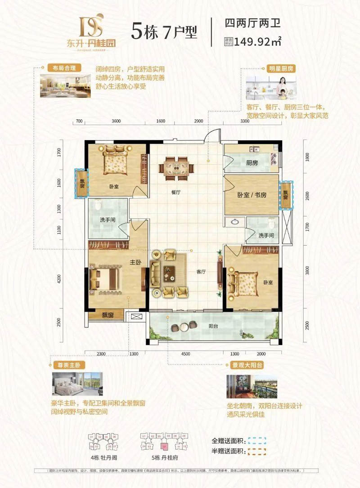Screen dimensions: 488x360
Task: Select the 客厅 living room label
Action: pos(201,272)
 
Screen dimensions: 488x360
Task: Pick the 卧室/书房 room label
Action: pos(252,195)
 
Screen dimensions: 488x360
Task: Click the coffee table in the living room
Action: pos(170,272)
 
